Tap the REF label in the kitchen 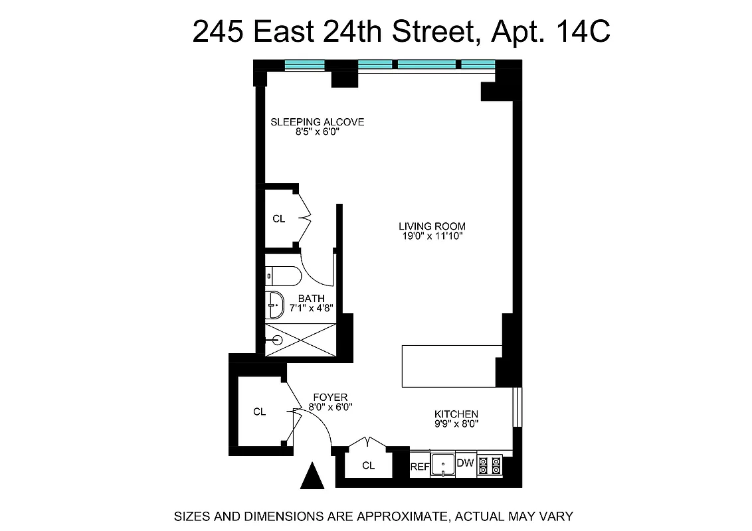pos(419,466)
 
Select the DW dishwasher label pos(465,463)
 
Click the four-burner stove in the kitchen pos(490,464)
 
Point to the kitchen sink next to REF pos(442,465)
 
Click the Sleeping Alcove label pos(317,121)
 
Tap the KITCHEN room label pos(456,414)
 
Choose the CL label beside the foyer pos(259,412)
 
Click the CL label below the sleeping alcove pos(278,218)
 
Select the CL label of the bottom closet pos(368,466)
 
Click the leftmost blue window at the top pos(304,64)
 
